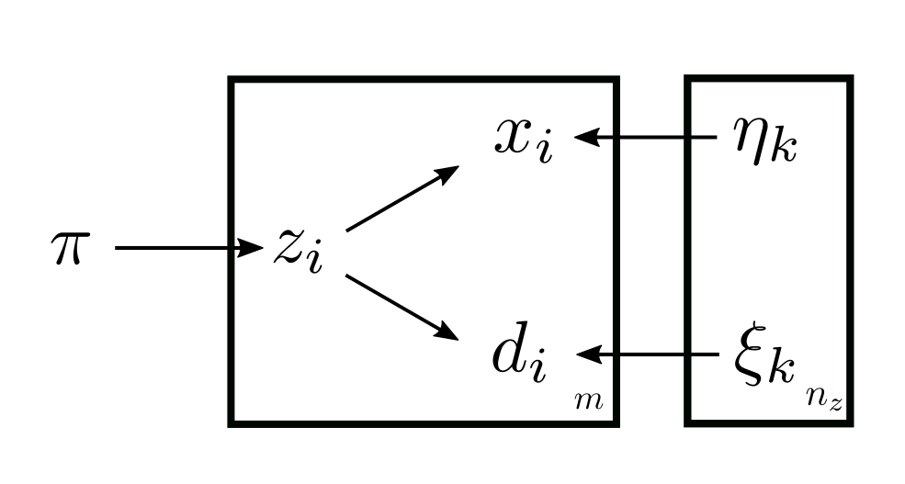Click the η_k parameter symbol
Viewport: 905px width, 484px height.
pyautogui.click(x=764, y=142)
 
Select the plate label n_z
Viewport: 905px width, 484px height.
pyautogui.click(x=823, y=400)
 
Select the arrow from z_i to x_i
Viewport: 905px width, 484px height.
pyautogui.click(x=402, y=198)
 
